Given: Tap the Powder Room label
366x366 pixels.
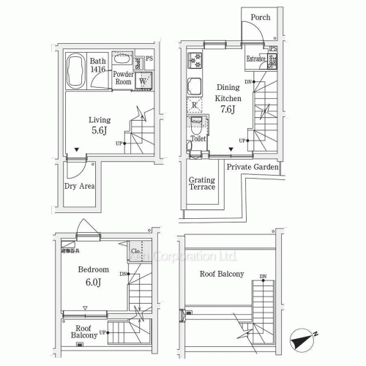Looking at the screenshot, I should (123, 78).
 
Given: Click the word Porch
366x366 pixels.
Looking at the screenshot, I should (260, 17).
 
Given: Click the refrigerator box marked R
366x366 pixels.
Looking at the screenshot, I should (195, 107).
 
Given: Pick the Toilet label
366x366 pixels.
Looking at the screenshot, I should (198, 137).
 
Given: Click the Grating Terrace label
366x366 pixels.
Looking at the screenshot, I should (203, 183).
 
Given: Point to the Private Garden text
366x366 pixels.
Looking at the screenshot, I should (252, 167).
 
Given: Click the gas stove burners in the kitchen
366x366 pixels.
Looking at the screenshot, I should (195, 60).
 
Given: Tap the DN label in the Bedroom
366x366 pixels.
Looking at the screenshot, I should (124, 274).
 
